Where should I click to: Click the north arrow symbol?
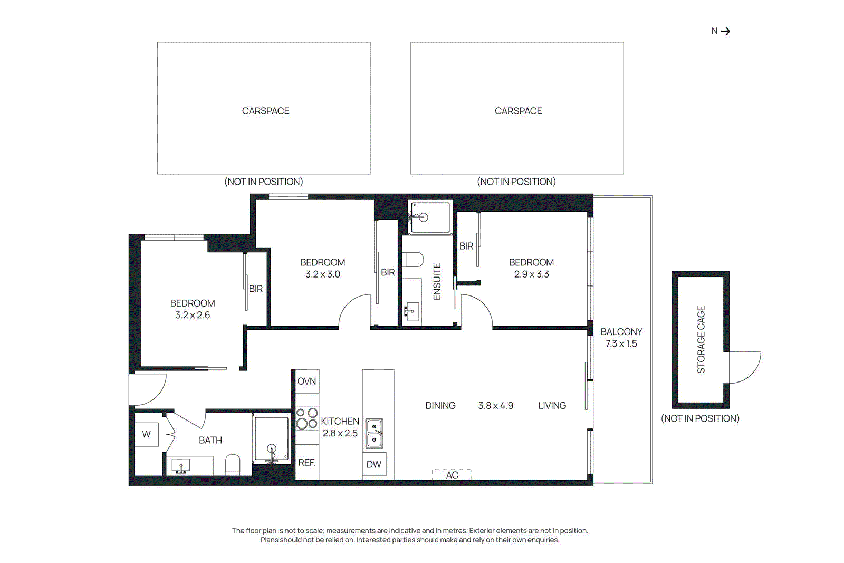pos(725,31)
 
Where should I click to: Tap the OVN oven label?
pos(306,381)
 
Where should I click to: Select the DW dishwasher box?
pos(374,464)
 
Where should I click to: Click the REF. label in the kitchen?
pos(306,462)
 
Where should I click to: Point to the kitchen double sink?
pos(375,433)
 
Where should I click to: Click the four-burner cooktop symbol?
pos(306,418)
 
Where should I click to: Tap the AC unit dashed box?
pos(452,474)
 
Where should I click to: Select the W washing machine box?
pos(146,434)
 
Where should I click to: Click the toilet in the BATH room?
pos(233,465)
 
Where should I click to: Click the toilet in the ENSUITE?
pos(413,260)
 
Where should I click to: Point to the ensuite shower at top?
pos(430,217)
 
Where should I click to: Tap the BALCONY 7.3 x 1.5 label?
pos(621,338)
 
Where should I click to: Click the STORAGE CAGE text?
pos(701,340)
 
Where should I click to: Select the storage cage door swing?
pos(744,367)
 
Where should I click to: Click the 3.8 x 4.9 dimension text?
pos(495,406)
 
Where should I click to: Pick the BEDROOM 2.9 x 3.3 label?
pos(531,268)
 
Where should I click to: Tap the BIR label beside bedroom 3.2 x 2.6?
pos(256,289)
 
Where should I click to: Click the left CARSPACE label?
pos(265,111)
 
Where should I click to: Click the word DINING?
pos(440,406)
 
